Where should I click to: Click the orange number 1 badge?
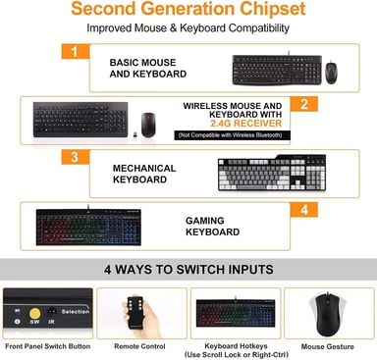click(76, 51)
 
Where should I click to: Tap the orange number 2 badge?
click(303, 104)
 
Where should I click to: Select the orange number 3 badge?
click(76, 157)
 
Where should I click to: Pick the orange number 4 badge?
click(303, 210)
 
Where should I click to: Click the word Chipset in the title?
click(273, 9)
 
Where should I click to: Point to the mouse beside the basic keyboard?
click(331, 72)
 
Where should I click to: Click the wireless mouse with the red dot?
click(148, 125)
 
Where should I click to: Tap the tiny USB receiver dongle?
click(135, 134)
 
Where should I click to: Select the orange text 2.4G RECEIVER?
click(245, 124)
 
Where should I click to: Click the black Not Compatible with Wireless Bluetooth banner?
click(233, 135)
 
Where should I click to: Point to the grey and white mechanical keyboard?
click(272, 173)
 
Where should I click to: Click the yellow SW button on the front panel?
click(34, 313)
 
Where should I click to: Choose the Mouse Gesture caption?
click(328, 346)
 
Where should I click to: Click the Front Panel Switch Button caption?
click(48, 346)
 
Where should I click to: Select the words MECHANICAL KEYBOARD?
click(144, 174)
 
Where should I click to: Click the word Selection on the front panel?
click(76, 312)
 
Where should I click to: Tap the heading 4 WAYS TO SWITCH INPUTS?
click(188, 270)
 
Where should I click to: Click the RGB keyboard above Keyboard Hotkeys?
click(236, 313)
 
